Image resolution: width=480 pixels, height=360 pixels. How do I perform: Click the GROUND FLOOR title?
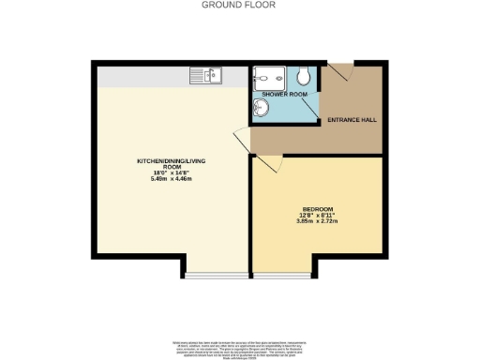239,5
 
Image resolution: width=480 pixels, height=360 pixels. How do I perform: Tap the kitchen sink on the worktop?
205,74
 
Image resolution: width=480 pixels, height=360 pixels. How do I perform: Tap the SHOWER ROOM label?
285,95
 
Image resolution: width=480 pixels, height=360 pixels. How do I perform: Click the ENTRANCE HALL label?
351,120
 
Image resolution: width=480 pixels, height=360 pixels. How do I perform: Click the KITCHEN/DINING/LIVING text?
171,161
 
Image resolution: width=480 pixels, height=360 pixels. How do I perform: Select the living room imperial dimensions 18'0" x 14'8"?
171,172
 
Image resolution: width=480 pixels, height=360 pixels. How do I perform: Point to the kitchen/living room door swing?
242,141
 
